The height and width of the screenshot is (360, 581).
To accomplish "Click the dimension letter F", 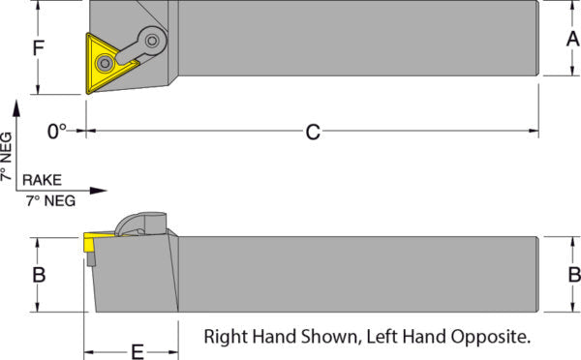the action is tap(39, 47).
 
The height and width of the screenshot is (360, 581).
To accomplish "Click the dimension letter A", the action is tap(573, 39).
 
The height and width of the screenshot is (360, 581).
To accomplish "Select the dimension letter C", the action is tap(313, 132).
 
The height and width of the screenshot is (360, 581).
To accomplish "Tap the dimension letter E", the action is tap(138, 352).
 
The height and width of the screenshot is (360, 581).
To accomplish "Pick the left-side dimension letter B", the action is tap(39, 275).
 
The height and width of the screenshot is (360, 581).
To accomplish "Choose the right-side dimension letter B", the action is tap(574, 275).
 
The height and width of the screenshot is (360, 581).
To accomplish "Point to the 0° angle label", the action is tap(57, 132).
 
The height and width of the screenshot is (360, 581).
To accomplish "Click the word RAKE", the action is tap(42, 180).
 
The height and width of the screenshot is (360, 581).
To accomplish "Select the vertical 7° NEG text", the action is tap(7, 156).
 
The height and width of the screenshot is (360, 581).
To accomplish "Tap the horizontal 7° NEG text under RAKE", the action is tap(50, 200).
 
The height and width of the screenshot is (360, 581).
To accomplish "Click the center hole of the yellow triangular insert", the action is tap(105, 63).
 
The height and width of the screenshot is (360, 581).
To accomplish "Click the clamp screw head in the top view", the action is tap(152, 40).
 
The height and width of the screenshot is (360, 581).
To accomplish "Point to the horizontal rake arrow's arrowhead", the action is tap(99, 191).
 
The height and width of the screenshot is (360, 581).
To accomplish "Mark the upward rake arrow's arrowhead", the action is tap(16, 107).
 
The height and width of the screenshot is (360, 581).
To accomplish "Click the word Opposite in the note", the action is tap(491, 337).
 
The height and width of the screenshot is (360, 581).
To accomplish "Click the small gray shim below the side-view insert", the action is tap(92, 259).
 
